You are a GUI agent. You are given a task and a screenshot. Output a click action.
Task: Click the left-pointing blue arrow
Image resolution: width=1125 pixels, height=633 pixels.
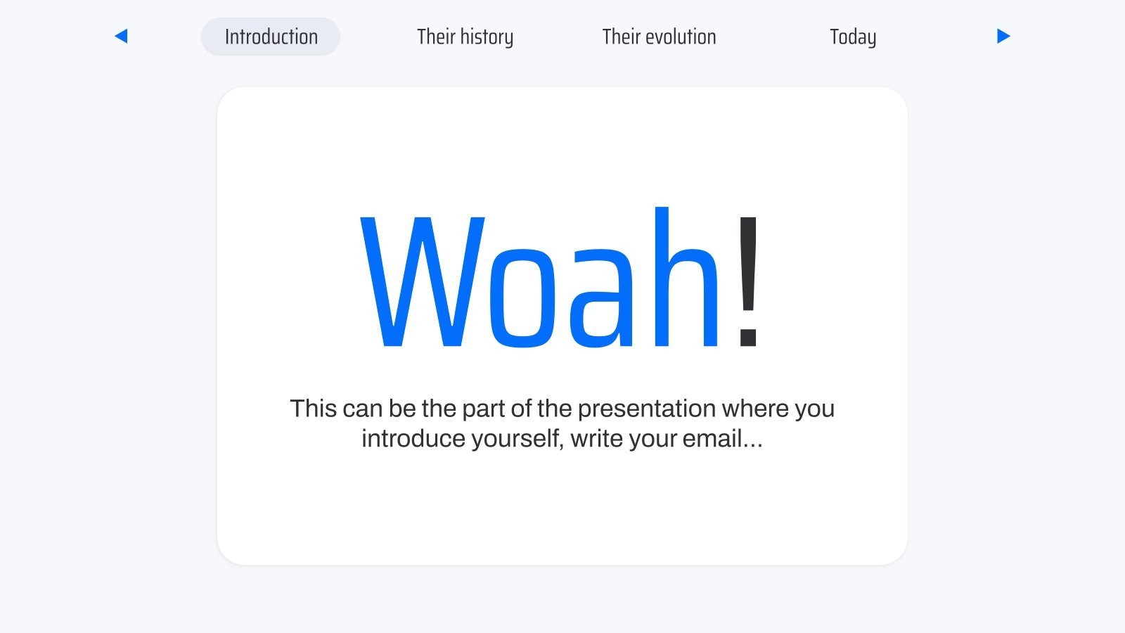pyautogui.click(x=121, y=36)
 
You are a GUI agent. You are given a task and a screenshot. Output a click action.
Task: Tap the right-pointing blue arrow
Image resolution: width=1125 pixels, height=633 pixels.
pyautogui.click(x=1003, y=36)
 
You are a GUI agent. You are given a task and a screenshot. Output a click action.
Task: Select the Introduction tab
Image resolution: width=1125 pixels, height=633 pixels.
pyautogui.click(x=271, y=37)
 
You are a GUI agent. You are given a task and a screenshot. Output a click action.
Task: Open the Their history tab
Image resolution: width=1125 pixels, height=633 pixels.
pyautogui.click(x=465, y=37)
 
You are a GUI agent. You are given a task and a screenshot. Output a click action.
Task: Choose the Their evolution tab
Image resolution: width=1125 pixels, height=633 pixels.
pyautogui.click(x=659, y=37)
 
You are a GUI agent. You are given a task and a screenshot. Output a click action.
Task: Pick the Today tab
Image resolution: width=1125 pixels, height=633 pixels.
pyautogui.click(x=852, y=37)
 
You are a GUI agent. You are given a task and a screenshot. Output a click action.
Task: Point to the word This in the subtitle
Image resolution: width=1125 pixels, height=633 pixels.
pyautogui.click(x=313, y=409)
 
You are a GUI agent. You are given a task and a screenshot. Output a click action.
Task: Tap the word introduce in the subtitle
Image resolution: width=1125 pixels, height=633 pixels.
pyautogui.click(x=413, y=439)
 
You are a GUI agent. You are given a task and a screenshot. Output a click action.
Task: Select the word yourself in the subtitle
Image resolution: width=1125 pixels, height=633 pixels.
pyautogui.click(x=517, y=439)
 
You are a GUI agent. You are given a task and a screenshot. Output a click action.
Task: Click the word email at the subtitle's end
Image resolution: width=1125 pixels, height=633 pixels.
pyautogui.click(x=714, y=439)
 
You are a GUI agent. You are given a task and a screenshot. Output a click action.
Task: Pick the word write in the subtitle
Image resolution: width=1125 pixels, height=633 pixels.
pyautogui.click(x=596, y=439)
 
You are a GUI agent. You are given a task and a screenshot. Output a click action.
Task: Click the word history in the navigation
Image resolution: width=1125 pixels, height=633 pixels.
pyautogui.click(x=487, y=37)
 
